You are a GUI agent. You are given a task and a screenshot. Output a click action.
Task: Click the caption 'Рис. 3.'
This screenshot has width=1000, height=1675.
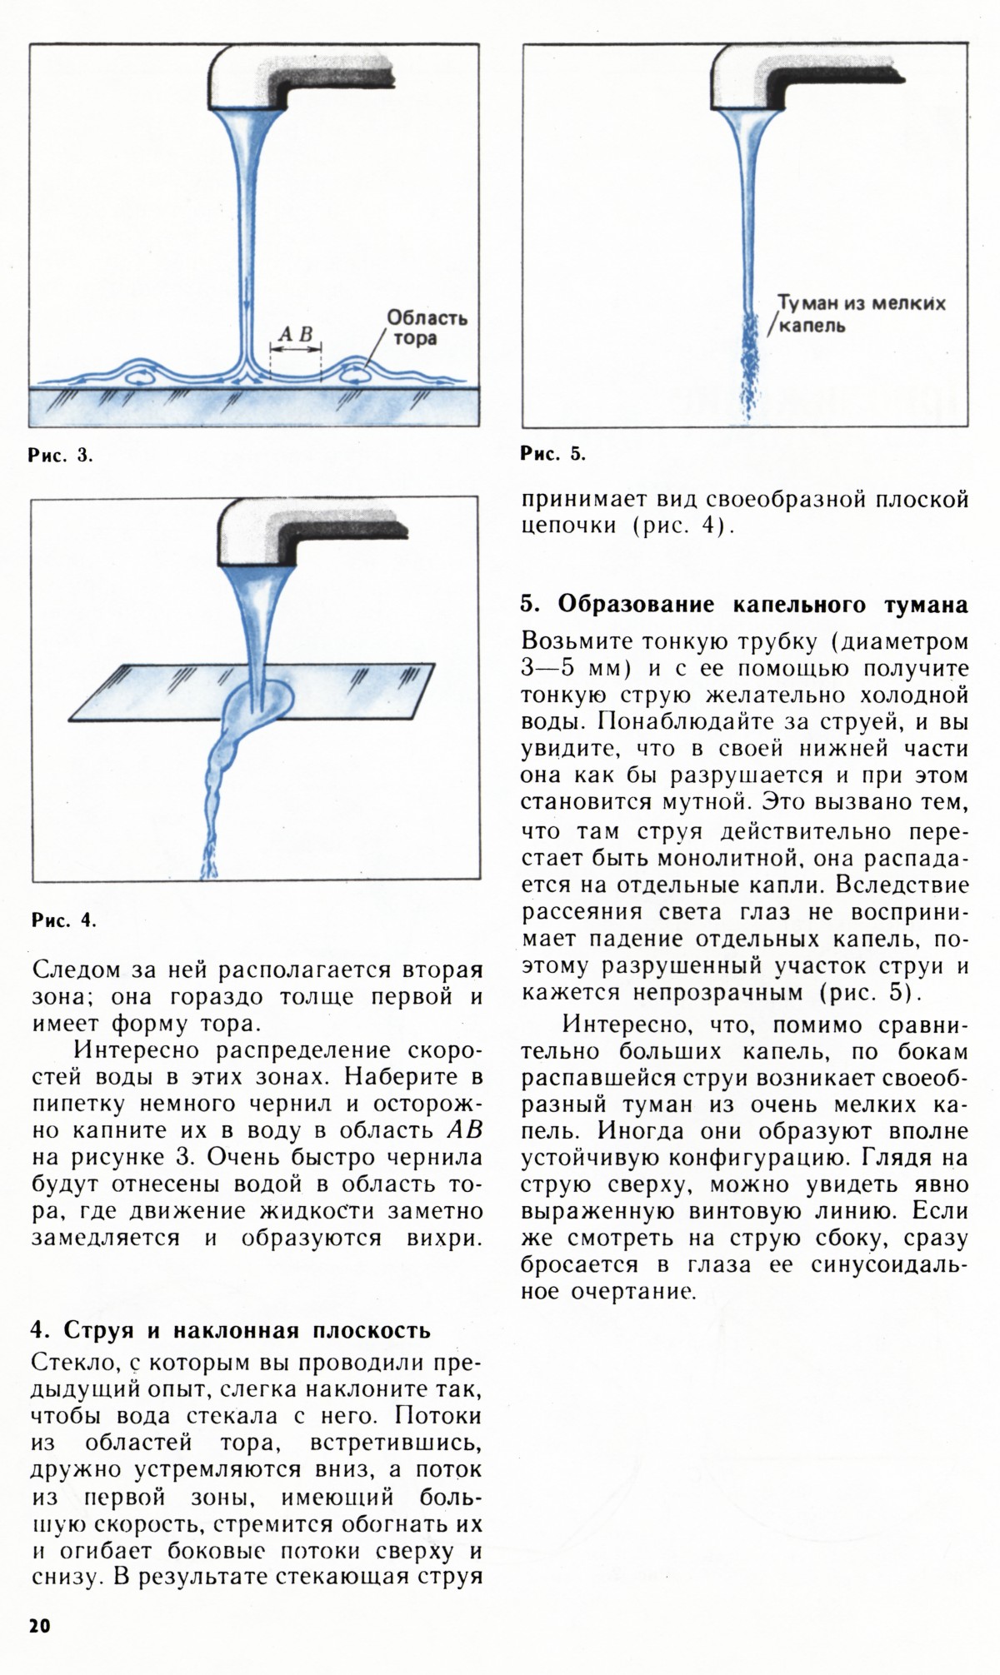tap(61, 456)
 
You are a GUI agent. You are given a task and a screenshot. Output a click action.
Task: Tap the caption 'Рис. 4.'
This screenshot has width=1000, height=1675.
tap(64, 920)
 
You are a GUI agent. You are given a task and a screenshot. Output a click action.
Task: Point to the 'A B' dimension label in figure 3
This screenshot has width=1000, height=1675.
tap(295, 334)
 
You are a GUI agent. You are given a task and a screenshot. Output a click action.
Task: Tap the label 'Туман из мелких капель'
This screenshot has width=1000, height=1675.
tap(860, 313)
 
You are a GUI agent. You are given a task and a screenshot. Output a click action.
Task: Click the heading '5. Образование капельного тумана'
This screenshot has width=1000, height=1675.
tap(743, 604)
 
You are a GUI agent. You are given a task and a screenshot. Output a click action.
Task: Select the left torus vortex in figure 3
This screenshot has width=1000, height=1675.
tap(139, 376)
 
